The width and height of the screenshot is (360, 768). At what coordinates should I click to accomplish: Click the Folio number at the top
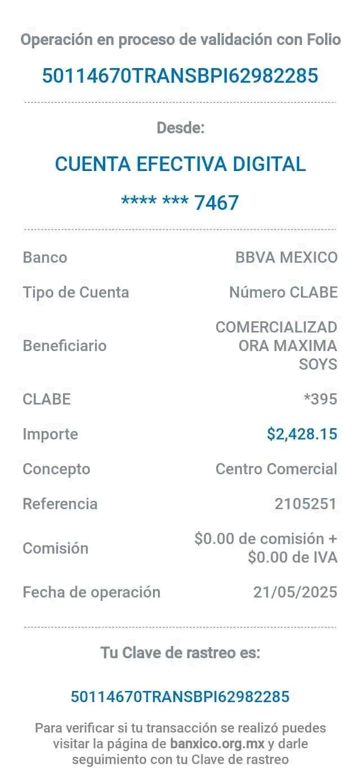click(x=180, y=75)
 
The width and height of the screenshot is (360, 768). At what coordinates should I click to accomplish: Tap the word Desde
click(x=180, y=128)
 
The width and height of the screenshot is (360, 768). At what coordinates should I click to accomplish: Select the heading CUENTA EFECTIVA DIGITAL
click(x=180, y=164)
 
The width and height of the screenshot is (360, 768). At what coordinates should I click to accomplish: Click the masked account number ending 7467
click(x=180, y=202)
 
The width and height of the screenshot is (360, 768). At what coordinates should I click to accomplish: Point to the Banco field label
click(x=44, y=258)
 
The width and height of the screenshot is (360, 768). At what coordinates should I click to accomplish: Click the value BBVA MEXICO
click(x=286, y=258)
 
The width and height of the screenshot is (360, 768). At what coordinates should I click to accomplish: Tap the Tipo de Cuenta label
click(x=76, y=293)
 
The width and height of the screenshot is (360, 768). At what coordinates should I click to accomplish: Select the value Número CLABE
click(x=283, y=293)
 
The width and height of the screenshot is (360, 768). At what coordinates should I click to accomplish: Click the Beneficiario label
click(x=64, y=345)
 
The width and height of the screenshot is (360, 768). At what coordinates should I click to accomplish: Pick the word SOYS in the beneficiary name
click(x=318, y=365)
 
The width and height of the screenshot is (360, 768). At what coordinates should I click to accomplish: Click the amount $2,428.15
click(x=301, y=434)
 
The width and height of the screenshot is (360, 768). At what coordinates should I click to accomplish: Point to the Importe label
click(x=50, y=434)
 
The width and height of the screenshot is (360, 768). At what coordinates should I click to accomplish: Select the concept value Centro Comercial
click(x=276, y=469)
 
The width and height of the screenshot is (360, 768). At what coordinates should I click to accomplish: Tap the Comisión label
click(x=55, y=548)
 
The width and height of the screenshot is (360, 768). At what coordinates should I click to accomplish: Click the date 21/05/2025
click(x=295, y=592)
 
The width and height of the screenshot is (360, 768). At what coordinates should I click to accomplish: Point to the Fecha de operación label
click(x=91, y=592)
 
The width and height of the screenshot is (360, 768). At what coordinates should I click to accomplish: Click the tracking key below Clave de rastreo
click(x=180, y=697)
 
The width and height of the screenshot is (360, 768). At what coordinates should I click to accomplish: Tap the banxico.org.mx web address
click(x=217, y=743)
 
